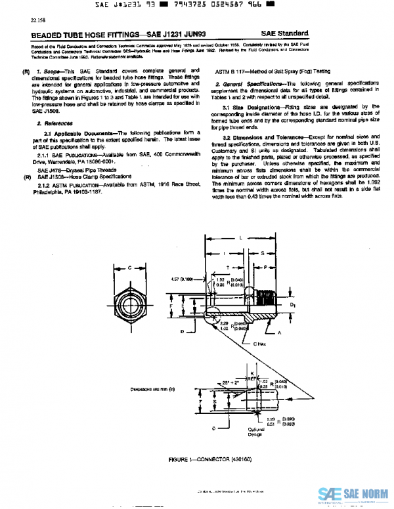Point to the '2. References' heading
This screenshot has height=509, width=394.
(x=55, y=123)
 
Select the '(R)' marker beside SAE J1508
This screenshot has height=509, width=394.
(x=27, y=177)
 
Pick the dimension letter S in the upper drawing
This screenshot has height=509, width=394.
(x=263, y=251)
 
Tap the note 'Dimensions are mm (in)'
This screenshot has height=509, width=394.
(x=152, y=390)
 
